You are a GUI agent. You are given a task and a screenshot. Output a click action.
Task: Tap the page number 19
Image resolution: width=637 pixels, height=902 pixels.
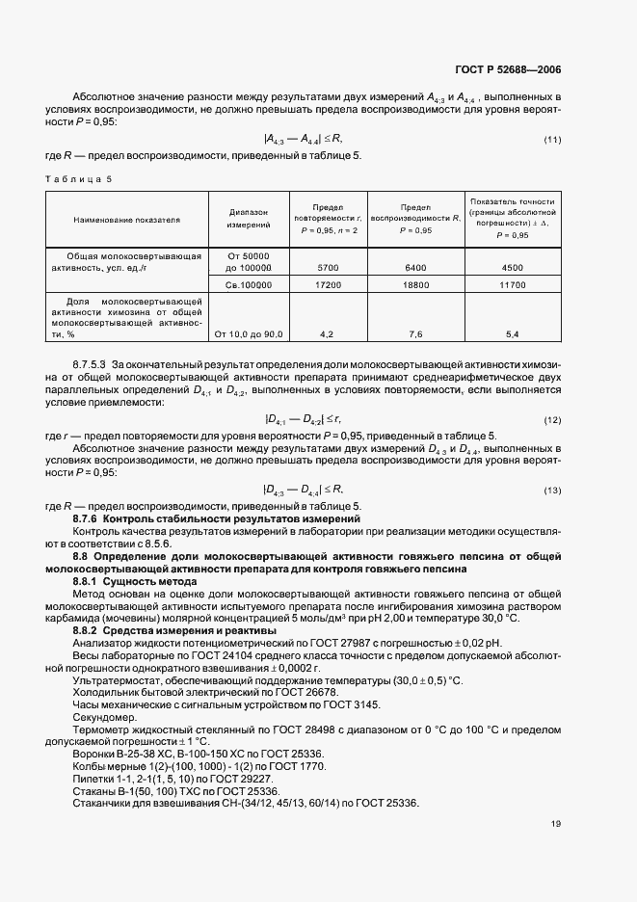click(556, 823)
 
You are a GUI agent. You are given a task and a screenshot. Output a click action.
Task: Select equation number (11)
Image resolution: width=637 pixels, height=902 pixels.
click(552, 141)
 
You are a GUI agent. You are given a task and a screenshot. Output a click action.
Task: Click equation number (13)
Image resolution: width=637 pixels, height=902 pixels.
click(552, 490)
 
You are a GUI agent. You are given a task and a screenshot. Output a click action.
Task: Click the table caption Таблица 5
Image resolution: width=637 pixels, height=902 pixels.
click(80, 179)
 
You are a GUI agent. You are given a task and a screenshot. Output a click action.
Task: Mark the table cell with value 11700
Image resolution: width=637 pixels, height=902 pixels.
click(513, 285)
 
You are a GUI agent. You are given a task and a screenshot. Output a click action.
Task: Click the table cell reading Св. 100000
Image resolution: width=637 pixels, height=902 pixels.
click(249, 285)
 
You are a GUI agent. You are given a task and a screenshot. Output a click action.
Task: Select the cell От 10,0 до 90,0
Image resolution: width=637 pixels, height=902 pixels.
click(249, 333)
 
